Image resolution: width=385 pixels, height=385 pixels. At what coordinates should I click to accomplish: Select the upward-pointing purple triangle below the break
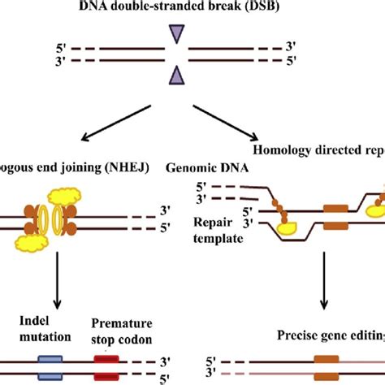pos(175,76)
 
